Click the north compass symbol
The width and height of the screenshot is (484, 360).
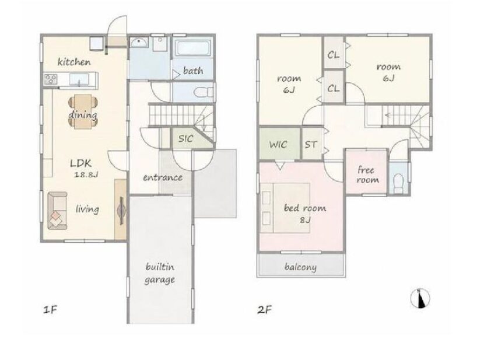tap(420, 299)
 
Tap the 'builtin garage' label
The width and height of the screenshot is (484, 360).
tap(160, 274)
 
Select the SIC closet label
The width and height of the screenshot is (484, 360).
tap(185, 139)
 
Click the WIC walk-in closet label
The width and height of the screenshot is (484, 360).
tap(278, 145)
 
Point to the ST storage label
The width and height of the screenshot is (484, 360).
tap(311, 145)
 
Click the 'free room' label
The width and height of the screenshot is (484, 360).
tap(367, 175)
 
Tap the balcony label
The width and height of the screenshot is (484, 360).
tap(300, 267)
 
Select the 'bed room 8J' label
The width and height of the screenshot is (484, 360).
tap(304, 214)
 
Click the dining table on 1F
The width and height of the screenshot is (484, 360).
tap(83, 111)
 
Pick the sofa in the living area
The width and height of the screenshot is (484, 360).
tap(57, 211)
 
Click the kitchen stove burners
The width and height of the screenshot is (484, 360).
tap(50, 79)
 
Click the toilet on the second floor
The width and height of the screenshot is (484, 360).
tap(399, 183)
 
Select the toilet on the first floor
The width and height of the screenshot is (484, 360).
tap(204, 92)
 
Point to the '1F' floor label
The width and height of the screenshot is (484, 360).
tap(50, 309)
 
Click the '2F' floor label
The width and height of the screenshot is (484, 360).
tap(264, 309)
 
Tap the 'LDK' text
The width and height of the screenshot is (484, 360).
tap(81, 163)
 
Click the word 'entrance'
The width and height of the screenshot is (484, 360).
tap(162, 177)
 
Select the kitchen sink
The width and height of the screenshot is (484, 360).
tap(79, 80)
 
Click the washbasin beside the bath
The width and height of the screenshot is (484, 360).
tap(139, 42)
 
